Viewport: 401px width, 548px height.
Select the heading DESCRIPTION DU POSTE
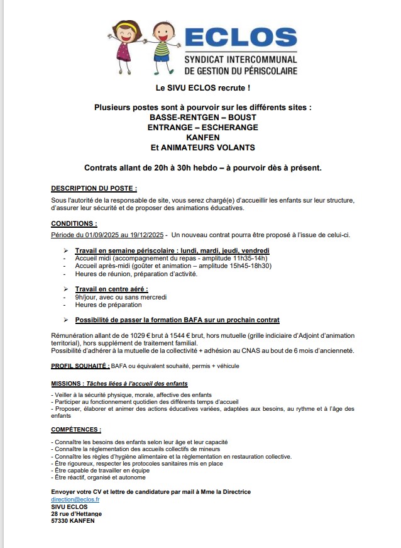(x=94, y=188)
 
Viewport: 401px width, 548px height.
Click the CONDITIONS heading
(x=74, y=223)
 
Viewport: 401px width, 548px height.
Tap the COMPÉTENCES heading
(x=76, y=429)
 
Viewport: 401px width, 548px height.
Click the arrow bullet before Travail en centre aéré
(x=67, y=289)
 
